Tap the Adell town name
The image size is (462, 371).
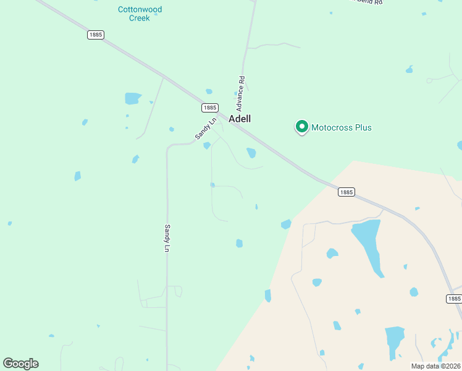(240, 119)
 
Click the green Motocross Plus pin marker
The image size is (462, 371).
(302, 127)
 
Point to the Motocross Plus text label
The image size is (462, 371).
(342, 127)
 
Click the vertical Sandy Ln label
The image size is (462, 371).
(167, 238)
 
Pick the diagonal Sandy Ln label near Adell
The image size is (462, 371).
(206, 129)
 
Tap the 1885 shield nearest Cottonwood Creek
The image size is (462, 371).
(95, 35)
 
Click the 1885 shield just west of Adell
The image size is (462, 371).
(209, 108)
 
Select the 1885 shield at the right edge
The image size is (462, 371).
(453, 299)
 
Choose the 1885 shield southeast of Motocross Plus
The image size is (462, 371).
(346, 192)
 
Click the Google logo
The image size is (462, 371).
(20, 364)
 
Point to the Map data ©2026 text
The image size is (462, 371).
(435, 365)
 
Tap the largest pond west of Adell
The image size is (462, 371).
(133, 98)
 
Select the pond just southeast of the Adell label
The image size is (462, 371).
(251, 153)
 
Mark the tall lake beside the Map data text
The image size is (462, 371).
(394, 342)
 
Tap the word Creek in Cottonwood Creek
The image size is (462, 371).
(139, 18)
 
